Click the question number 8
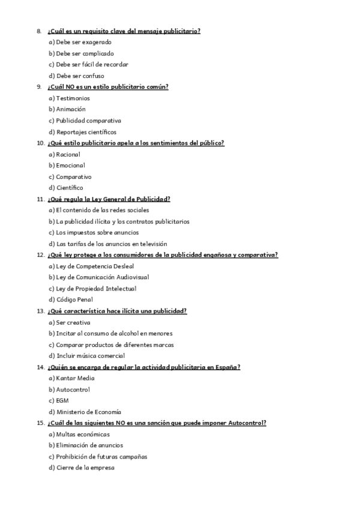[38, 31]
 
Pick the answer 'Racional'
[67, 154]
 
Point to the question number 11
[40, 199]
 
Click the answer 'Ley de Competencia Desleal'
[91, 266]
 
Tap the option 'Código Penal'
[74, 300]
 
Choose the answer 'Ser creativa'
[73, 322]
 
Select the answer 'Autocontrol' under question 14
[72, 390]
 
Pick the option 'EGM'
[62, 400]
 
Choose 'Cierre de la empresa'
[81, 468]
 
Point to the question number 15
[40, 423]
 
